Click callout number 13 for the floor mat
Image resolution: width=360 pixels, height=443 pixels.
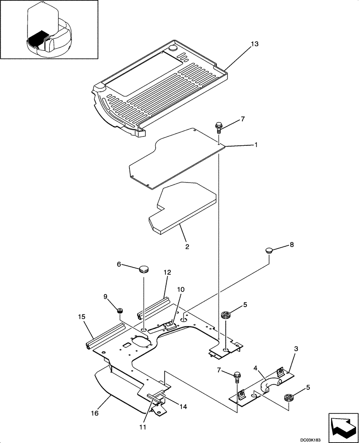pyautogui.click(x=254, y=44)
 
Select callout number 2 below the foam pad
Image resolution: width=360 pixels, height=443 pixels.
pyautogui.click(x=187, y=247)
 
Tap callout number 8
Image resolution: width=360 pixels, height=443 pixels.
pyautogui.click(x=291, y=244)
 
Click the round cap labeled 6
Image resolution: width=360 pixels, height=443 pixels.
pyautogui.click(x=144, y=269)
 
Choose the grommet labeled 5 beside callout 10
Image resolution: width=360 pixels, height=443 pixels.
pyautogui.click(x=227, y=316)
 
